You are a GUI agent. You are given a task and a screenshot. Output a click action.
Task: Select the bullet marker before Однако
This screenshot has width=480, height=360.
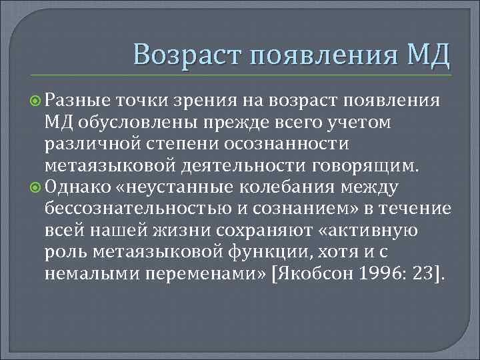(x=35, y=187)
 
